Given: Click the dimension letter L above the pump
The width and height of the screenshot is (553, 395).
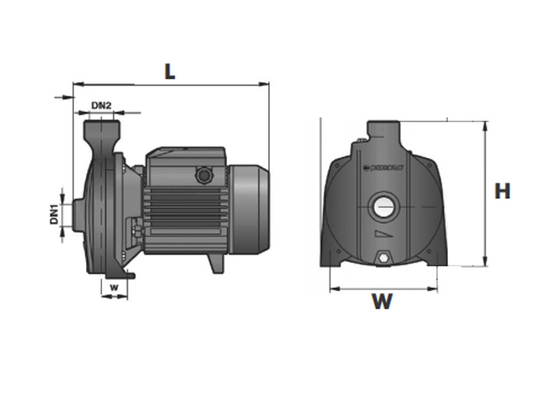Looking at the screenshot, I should coord(169,71).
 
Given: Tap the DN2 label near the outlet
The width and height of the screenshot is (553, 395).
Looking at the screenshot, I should coord(102,105).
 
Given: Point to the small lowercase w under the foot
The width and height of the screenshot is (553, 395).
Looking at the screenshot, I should coord(114,287).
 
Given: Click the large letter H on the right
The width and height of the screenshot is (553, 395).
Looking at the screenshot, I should coord(502,191).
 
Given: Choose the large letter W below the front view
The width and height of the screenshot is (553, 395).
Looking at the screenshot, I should coord(382,301).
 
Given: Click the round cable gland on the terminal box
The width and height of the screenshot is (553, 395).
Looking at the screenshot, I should coord(203,174).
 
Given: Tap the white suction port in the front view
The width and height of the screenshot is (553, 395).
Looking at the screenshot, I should coord(383,207).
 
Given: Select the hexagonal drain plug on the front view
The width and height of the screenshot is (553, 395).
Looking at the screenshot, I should coord(383,258).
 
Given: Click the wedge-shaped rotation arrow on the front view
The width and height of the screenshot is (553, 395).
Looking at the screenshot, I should coord(383,233).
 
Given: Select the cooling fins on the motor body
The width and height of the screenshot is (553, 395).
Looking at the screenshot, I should coord(184,210).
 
